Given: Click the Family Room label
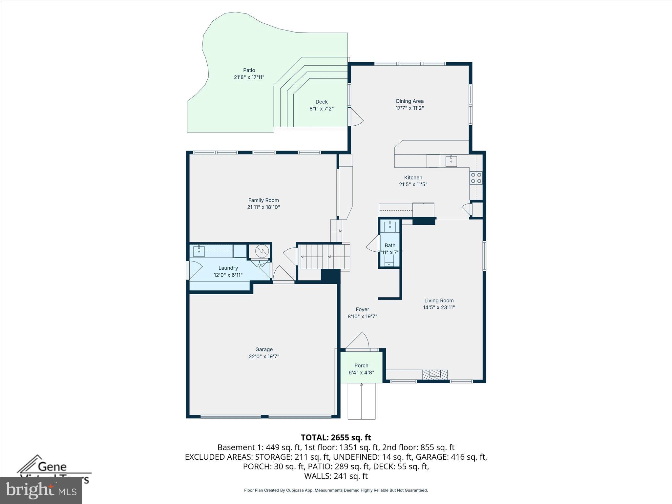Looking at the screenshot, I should click(263, 200).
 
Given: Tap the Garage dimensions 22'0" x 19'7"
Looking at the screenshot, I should click(264, 356).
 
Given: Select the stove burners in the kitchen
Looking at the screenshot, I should click(476, 178).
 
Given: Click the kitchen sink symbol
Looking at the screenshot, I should click(451, 160).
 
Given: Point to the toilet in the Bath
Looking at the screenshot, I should click(389, 260).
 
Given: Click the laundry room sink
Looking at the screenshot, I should click(199, 251).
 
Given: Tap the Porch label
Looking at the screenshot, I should click(361, 366).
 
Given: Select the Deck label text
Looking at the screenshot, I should click(322, 102).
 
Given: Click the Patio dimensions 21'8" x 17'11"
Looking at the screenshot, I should click(249, 77).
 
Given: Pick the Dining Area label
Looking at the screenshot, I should click(409, 101).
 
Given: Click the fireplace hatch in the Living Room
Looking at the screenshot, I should click(435, 374).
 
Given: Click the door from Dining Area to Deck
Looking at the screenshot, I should click(357, 117).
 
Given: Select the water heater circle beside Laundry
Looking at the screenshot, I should click(262, 251).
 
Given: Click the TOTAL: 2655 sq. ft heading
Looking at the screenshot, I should click(336, 437).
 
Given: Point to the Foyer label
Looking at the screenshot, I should click(362, 309).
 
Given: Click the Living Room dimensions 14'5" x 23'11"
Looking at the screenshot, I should click(439, 307).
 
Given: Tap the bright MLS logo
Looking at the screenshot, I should click(41, 491).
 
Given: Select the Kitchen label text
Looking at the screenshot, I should click(413, 178).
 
